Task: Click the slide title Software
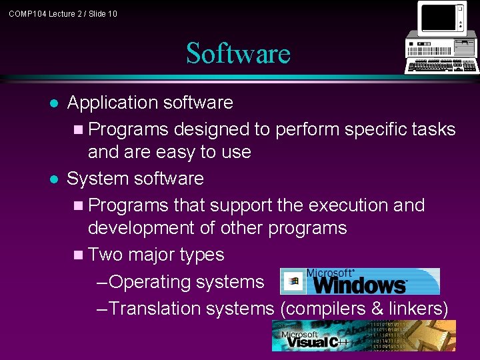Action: click(238, 53)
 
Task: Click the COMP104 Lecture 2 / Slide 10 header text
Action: click(63, 13)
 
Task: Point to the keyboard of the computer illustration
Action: click(444, 67)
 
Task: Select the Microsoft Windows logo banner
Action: click(360, 281)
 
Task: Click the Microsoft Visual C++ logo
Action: click(363, 335)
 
